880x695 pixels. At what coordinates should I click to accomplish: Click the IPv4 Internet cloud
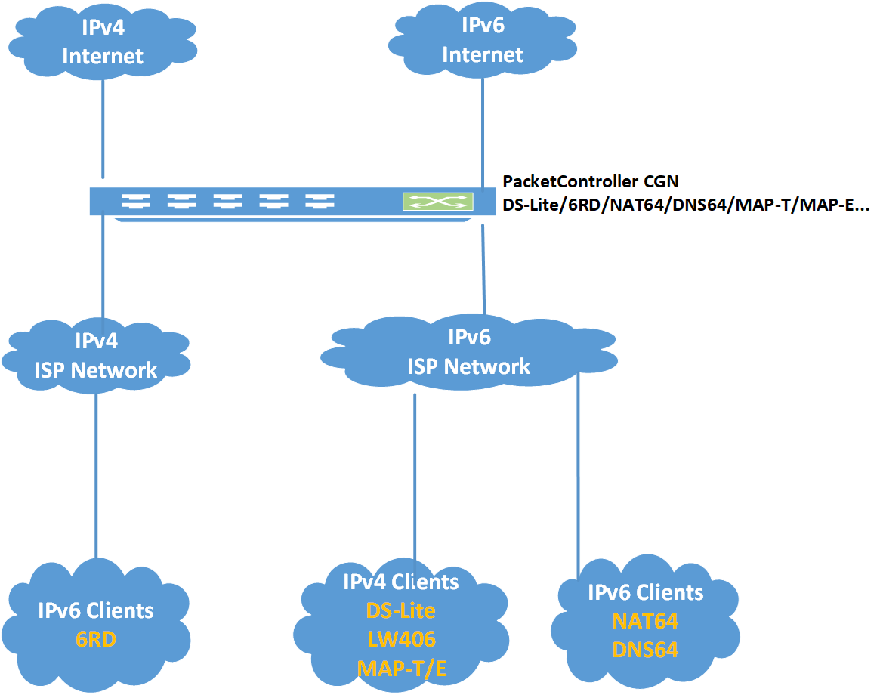102,42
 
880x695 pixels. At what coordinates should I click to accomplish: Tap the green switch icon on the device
438,202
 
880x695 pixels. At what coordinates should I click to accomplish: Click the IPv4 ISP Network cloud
96,355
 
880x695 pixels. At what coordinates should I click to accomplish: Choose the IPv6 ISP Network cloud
468,352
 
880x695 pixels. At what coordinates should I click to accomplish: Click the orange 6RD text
96,639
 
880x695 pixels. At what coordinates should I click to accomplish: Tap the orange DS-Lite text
400,610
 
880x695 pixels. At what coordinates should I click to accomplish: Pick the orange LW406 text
401,639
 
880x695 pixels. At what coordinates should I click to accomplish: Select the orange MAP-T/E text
401,668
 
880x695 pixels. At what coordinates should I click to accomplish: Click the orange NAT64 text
645,621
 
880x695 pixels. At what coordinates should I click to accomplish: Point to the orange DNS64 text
645,649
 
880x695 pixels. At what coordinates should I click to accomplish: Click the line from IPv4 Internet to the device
103,128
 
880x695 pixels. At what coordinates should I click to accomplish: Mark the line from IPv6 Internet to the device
483,128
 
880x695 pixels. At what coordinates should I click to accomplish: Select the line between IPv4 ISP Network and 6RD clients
96,476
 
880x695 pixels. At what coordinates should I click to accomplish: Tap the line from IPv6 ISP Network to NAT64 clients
578,476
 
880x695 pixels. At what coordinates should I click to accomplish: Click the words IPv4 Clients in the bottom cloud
400,582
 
